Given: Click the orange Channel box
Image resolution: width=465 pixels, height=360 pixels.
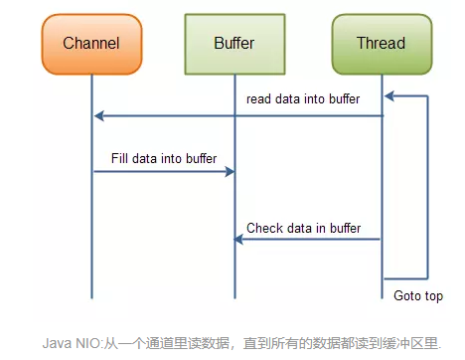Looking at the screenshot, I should click(x=91, y=43).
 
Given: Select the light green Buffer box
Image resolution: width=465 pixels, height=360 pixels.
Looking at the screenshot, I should click(x=234, y=43).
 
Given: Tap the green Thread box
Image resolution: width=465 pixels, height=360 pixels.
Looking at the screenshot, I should click(x=381, y=43).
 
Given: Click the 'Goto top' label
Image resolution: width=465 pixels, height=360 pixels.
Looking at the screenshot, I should click(x=417, y=295).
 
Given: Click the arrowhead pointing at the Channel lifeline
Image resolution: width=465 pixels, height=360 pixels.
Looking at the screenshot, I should click(x=98, y=116).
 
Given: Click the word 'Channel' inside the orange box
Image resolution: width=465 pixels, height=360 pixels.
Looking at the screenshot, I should click(x=91, y=43).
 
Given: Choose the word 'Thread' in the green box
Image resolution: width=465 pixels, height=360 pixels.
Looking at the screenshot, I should click(x=381, y=43).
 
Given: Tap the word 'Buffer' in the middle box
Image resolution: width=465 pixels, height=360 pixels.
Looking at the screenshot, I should click(x=234, y=43).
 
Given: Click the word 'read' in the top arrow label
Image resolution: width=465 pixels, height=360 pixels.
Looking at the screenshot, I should click(x=258, y=99).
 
